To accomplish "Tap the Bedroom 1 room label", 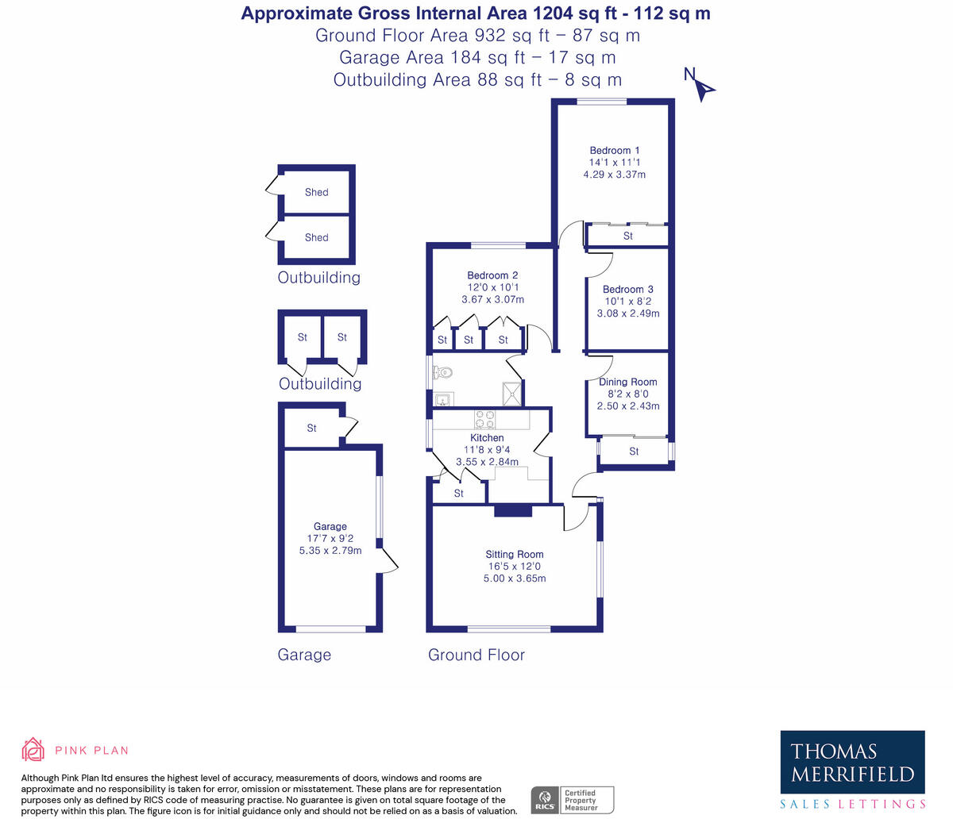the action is [x=615, y=151].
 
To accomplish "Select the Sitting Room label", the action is [x=514, y=555].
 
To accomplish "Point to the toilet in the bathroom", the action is [x=442, y=373].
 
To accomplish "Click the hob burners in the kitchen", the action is [x=485, y=420].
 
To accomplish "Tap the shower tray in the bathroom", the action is [x=511, y=394].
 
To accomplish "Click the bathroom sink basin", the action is [x=442, y=399].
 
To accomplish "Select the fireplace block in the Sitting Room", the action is [x=513, y=510].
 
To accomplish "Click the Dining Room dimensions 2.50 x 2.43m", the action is [x=628, y=406].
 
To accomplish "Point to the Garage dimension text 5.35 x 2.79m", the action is [x=330, y=551].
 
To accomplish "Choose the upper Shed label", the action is [x=317, y=192].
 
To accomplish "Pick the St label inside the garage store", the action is [x=311, y=429].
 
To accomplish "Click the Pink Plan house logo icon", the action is [x=33, y=749].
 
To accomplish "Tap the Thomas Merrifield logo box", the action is [x=852, y=762].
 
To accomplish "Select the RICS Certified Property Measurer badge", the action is [x=572, y=800].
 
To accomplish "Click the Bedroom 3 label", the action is [x=628, y=290].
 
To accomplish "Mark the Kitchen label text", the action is [x=487, y=437].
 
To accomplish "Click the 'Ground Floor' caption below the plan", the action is [x=476, y=655].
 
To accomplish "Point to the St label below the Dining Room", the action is [x=634, y=452].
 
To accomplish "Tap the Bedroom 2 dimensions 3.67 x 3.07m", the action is [x=492, y=299].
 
